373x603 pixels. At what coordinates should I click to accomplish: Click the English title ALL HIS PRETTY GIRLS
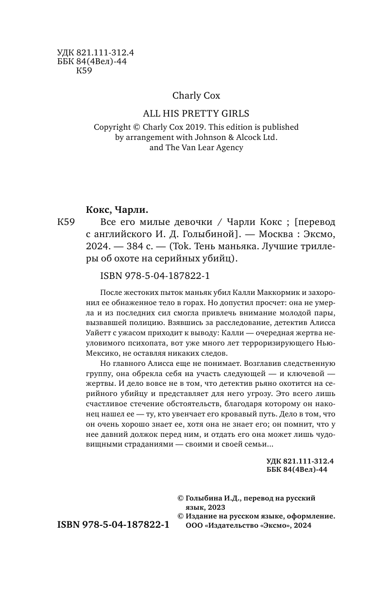196,114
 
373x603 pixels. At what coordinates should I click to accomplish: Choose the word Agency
227,148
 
